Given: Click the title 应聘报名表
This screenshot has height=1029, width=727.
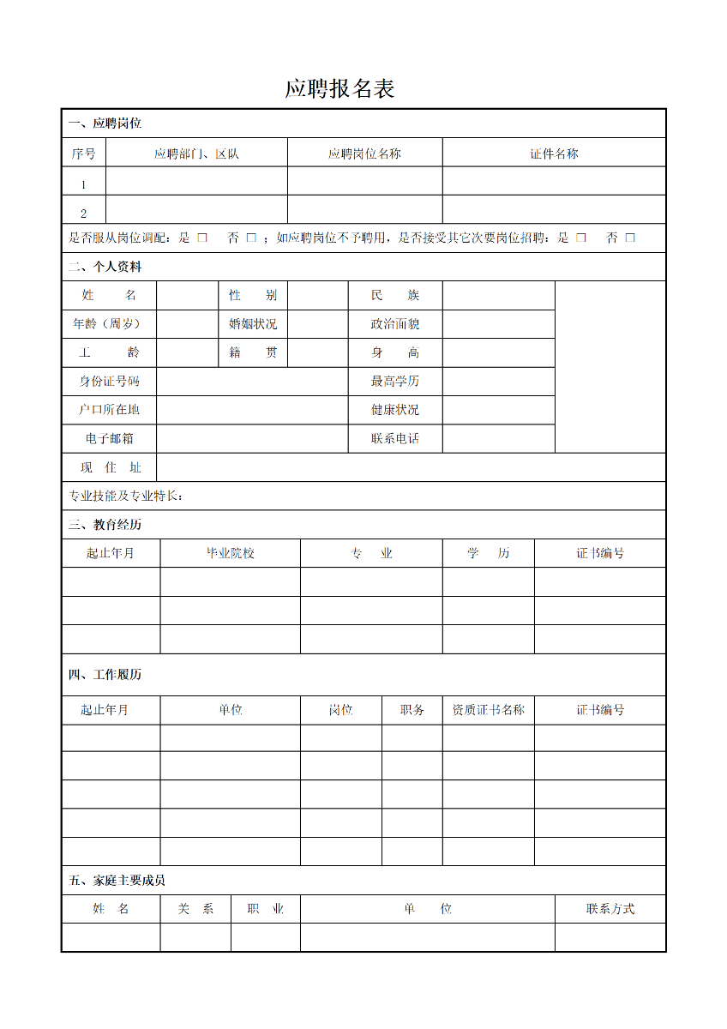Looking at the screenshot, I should pyautogui.click(x=339, y=89).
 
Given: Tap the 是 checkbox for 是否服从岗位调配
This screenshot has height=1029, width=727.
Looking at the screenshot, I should pyautogui.click(x=202, y=238).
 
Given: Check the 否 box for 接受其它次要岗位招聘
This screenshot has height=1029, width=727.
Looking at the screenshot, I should pyautogui.click(x=630, y=238).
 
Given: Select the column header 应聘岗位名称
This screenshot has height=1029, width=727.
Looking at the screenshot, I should pyautogui.click(x=364, y=154).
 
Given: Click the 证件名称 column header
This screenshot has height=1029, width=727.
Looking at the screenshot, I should pyautogui.click(x=554, y=154).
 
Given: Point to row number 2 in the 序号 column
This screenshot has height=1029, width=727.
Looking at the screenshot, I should pyautogui.click(x=83, y=214).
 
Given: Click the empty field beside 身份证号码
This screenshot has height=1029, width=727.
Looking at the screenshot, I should pyautogui.click(x=252, y=382).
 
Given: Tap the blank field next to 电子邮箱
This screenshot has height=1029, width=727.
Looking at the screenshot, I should pyautogui.click(x=252, y=439).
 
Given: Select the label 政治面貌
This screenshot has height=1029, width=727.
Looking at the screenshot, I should pyautogui.click(x=395, y=324).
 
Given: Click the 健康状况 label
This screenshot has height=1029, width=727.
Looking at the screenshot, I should pyautogui.click(x=395, y=410).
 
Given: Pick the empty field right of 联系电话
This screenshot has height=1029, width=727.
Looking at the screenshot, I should pyautogui.click(x=498, y=439).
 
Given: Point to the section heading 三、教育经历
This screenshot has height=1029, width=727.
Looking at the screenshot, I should pyautogui.click(x=105, y=525).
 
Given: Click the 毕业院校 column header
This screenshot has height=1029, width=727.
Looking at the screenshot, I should pyautogui.click(x=231, y=553).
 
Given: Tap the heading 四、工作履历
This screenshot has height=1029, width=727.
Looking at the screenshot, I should pyautogui.click(x=105, y=675).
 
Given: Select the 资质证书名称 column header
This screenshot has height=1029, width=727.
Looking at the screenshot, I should pyautogui.click(x=488, y=710).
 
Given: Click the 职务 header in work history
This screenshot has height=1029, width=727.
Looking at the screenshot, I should pyautogui.click(x=412, y=710).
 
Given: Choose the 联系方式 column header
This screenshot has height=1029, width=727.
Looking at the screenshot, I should pyautogui.click(x=610, y=909).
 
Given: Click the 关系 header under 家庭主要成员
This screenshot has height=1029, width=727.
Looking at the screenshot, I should pyautogui.click(x=195, y=909).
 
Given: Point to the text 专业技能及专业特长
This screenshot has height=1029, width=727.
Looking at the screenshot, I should pyautogui.click(x=125, y=496).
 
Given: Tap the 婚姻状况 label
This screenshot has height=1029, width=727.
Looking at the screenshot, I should pyautogui.click(x=253, y=324).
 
